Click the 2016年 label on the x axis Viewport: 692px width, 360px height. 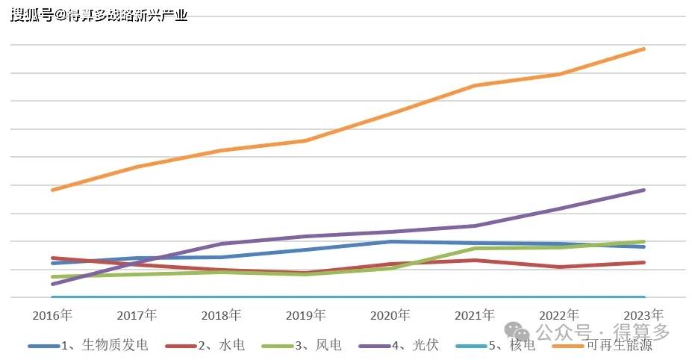(52, 315)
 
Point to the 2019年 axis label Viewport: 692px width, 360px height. (306, 315)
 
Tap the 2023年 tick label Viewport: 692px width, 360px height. (643, 315)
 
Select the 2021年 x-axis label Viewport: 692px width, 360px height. (475, 315)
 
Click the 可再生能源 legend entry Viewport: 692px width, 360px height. (619, 345)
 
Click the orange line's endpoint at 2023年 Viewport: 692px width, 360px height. (643, 49)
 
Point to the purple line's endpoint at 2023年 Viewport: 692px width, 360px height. (643, 190)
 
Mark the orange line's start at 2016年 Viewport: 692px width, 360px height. (52, 190)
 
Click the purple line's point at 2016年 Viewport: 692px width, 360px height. (52, 284)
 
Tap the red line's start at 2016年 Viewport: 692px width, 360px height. (52, 258)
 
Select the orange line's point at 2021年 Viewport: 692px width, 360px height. (475, 86)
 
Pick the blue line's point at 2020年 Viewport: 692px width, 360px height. (390, 241)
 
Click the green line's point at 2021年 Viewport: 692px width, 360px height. (475, 249)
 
